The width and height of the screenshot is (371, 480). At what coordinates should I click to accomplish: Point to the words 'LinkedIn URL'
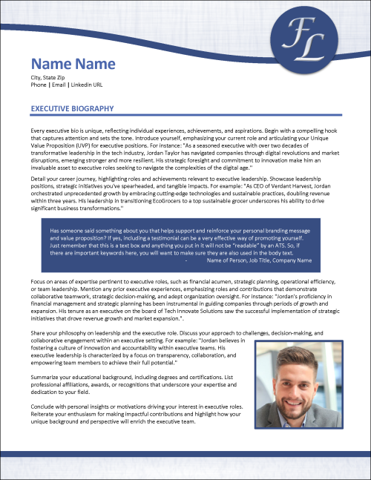(108, 85)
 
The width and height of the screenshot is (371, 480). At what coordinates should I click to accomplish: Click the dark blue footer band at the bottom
(185, 453)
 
